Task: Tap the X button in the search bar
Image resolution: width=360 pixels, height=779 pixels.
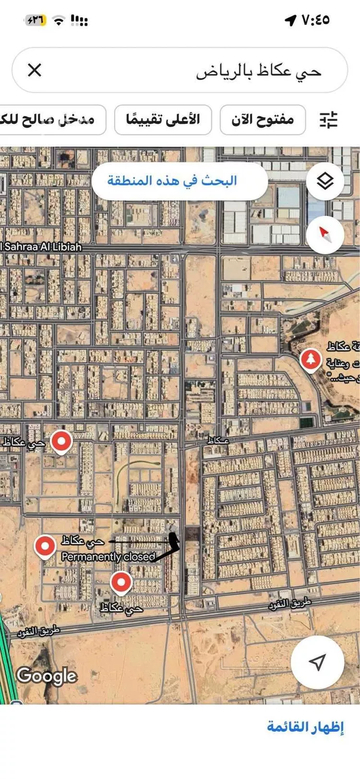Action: [x=35, y=70]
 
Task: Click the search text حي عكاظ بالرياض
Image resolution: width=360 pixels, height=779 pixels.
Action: [x=258, y=71]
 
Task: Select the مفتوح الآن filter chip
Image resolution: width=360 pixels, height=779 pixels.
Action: [x=263, y=120]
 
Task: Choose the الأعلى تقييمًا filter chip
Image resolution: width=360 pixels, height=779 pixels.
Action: [x=163, y=120]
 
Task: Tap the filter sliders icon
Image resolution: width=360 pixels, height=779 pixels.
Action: [x=329, y=120]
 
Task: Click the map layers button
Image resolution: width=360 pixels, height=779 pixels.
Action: [x=325, y=181]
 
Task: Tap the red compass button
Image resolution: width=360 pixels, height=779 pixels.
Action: [x=325, y=234]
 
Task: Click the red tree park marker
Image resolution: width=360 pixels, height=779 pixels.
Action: [x=311, y=360]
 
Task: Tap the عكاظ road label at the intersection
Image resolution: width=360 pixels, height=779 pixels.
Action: [x=218, y=440]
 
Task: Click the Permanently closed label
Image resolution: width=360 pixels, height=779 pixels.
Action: [x=108, y=557]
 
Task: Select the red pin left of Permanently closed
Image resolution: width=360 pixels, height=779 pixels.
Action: [x=45, y=546]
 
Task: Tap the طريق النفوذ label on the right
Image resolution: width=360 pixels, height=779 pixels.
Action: [x=290, y=604]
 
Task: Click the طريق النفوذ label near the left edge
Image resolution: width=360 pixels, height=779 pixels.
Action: [x=38, y=632]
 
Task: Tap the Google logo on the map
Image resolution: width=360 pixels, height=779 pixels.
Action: [x=47, y=675]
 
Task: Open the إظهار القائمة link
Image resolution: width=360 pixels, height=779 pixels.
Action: [x=305, y=726]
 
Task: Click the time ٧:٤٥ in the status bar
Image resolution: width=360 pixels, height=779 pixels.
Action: [x=315, y=20]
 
